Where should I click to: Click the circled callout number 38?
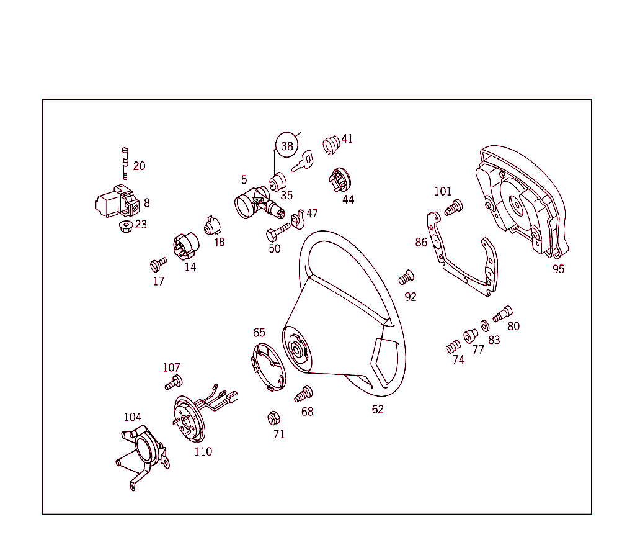tap(286, 146)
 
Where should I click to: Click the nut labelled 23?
tap(126, 225)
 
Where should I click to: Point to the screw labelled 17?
tap(158, 264)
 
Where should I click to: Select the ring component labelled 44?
tap(340, 180)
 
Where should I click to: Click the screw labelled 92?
tap(406, 276)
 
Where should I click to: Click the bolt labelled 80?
tap(504, 314)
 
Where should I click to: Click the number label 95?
tap(558, 269)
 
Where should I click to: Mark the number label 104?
tap(133, 417)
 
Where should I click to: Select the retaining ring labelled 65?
tap(266, 366)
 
